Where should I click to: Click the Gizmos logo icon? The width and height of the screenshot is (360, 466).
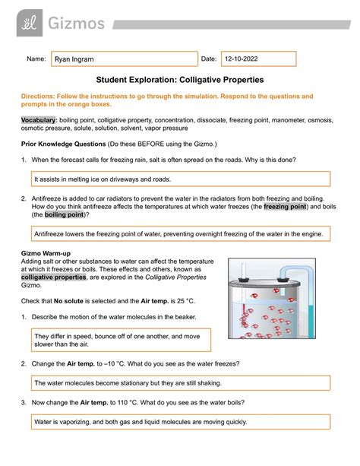(x=30, y=23)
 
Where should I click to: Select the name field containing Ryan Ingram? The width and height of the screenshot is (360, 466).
(x=125, y=59)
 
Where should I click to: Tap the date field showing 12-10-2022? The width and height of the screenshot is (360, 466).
(x=259, y=59)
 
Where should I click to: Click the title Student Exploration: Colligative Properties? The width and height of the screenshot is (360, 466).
(x=180, y=80)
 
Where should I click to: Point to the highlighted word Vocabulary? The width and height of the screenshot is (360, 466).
(x=38, y=120)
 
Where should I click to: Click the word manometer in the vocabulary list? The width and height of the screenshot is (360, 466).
(x=288, y=120)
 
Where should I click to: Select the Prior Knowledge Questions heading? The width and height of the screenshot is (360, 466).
(x=63, y=144)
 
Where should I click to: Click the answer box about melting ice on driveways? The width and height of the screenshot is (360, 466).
(x=181, y=179)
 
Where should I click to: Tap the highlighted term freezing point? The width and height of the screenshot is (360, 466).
(x=285, y=207)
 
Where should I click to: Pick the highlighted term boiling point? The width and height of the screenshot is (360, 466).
(x=64, y=214)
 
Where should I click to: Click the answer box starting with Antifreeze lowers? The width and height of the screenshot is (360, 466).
(x=181, y=233)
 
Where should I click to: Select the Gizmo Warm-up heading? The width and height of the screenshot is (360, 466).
(x=46, y=253)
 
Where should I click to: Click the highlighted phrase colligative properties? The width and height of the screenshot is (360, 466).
(x=53, y=277)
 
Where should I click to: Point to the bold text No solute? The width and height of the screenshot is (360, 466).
(x=68, y=301)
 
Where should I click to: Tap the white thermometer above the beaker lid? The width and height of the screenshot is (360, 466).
(x=243, y=271)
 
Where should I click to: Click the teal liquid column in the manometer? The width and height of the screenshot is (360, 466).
(x=311, y=322)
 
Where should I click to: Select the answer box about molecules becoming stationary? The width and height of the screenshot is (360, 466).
(x=181, y=383)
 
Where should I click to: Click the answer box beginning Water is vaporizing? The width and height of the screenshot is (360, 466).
(x=181, y=422)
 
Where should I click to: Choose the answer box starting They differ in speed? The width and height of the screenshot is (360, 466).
(x=121, y=340)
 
